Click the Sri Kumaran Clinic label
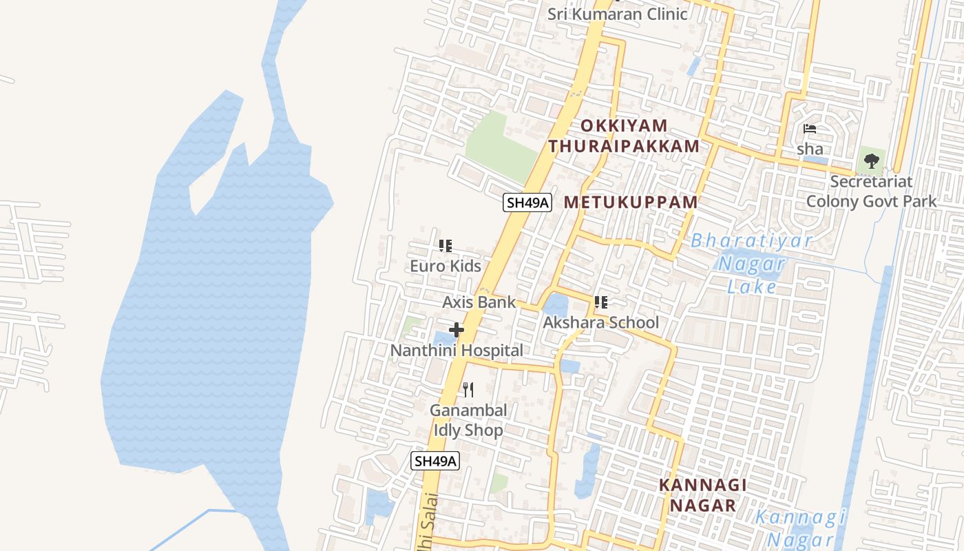pyautogui.click(x=617, y=14)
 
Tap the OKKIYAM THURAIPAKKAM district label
pyautogui.click(x=624, y=136)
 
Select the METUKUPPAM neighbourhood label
pyautogui.click(x=631, y=202)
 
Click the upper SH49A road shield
pyautogui.click(x=527, y=202)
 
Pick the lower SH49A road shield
pyautogui.click(x=435, y=461)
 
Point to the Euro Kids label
pyautogui.click(x=446, y=266)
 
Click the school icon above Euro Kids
pyautogui.click(x=446, y=245)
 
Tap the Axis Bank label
pyautogui.click(x=479, y=302)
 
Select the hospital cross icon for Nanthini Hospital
pyautogui.click(x=457, y=330)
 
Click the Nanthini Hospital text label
pyautogui.click(x=457, y=350)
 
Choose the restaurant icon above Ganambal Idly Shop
pyautogui.click(x=468, y=390)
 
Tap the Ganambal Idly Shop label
pyautogui.click(x=468, y=420)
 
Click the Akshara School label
pyautogui.click(x=600, y=322)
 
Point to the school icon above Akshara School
pyautogui.click(x=601, y=302)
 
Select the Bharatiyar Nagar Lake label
pyautogui.click(x=752, y=263)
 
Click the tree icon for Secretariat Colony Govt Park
pyautogui.click(x=872, y=161)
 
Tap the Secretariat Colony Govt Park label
pyautogui.click(x=871, y=191)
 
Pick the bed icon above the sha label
pyautogui.click(x=810, y=129)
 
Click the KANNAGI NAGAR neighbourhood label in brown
pyautogui.click(x=702, y=495)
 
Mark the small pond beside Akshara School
pyautogui.click(x=555, y=304)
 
